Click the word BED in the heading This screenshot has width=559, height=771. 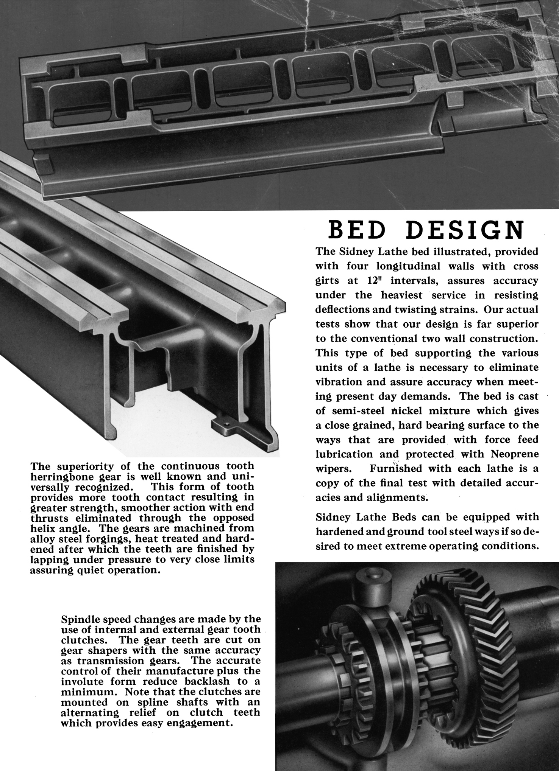[x=355, y=230]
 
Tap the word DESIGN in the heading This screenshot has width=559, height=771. [x=468, y=230]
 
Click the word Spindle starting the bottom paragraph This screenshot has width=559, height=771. [x=80, y=620]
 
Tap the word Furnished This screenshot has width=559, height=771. [x=397, y=468]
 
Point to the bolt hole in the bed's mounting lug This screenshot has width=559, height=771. [x=227, y=424]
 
